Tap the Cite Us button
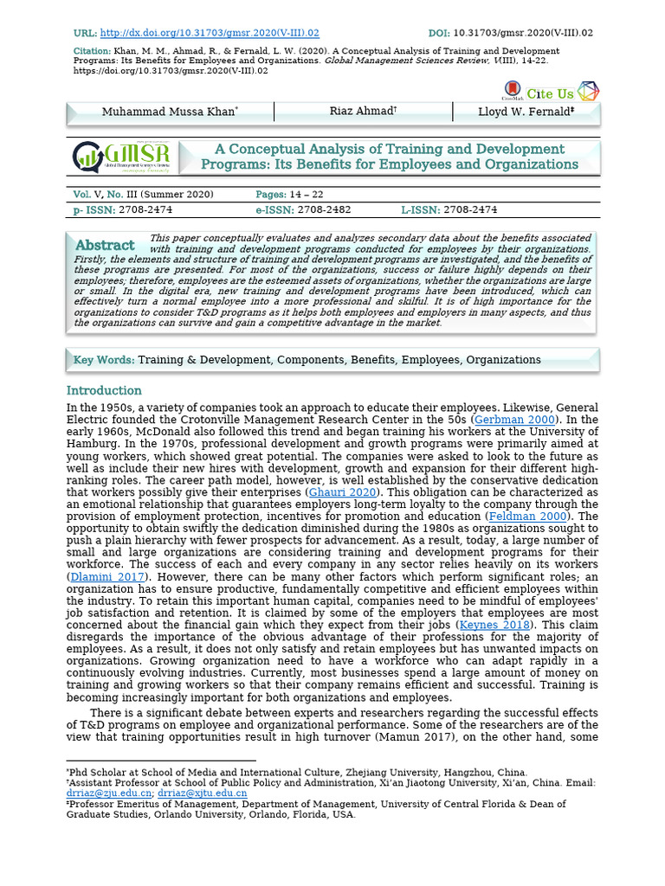point(551,93)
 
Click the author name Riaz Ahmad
point(363,112)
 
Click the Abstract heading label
point(105,245)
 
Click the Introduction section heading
point(104,390)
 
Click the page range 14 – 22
point(311,195)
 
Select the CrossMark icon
point(512,92)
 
